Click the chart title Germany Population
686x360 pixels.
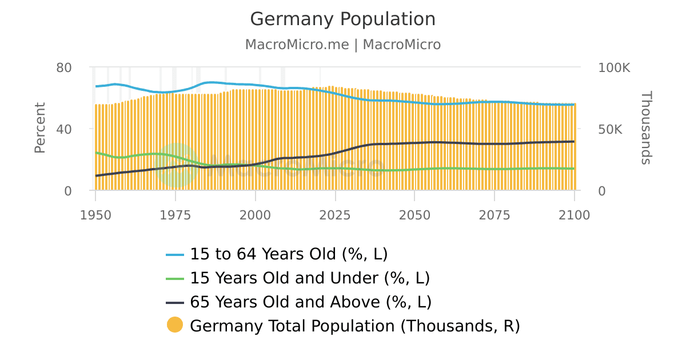[343, 19]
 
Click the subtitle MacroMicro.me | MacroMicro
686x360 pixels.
[343, 45]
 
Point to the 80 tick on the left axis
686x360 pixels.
[64, 67]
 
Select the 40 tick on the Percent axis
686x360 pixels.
[64, 129]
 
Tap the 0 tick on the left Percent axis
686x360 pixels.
[68, 191]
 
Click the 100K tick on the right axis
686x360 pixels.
[614, 67]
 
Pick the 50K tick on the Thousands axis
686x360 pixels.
[610, 129]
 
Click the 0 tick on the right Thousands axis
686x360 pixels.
[601, 191]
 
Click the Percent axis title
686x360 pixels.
[39, 128]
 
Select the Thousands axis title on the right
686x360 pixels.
[645, 128]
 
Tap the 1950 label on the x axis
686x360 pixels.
[95, 215]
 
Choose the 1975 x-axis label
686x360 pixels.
[176, 215]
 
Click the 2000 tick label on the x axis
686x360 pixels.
[255, 215]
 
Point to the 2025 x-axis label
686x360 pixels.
[335, 215]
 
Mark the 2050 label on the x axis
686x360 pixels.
[414, 215]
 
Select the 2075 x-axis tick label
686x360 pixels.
[494, 215]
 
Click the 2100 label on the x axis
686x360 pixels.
[574, 215]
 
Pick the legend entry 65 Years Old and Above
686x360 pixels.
[310, 302]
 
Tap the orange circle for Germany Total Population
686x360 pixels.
[175, 325]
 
